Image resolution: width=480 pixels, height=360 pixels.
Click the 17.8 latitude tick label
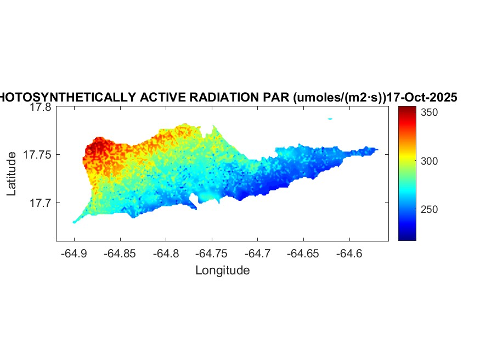(40, 108)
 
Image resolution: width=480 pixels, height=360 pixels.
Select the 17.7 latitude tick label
(40, 203)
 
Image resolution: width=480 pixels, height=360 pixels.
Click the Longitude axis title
(223, 270)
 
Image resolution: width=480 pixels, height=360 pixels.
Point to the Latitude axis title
(12, 175)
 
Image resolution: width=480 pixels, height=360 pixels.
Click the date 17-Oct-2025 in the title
(422, 98)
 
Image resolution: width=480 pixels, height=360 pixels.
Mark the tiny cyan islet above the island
(330, 118)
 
